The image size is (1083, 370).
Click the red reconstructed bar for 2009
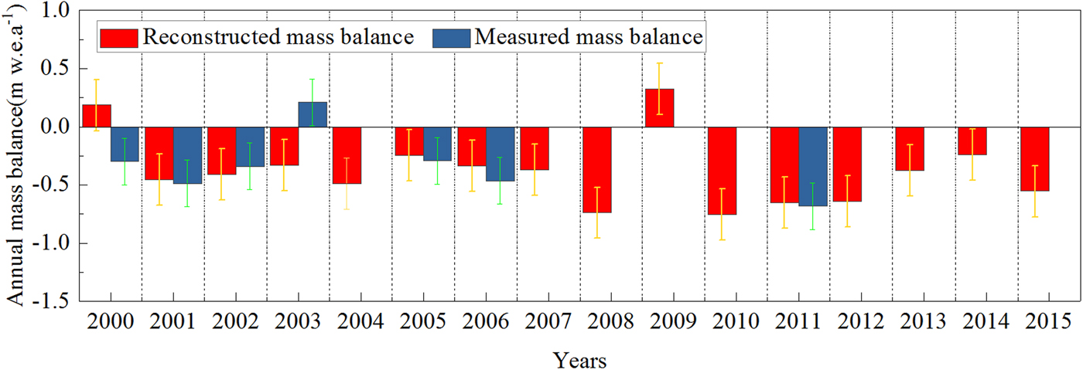[659, 108]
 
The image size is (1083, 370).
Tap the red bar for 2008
[596, 169]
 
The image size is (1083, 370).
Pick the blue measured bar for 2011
[813, 166]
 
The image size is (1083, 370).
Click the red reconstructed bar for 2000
[97, 116]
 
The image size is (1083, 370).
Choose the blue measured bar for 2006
[499, 154]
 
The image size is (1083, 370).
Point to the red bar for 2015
[1034, 158]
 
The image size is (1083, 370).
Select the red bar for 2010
[722, 170]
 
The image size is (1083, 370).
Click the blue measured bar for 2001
[186, 154]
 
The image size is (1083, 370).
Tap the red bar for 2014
[972, 141]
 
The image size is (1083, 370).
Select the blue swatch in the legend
[449, 36]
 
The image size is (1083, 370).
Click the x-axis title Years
[579, 359]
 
